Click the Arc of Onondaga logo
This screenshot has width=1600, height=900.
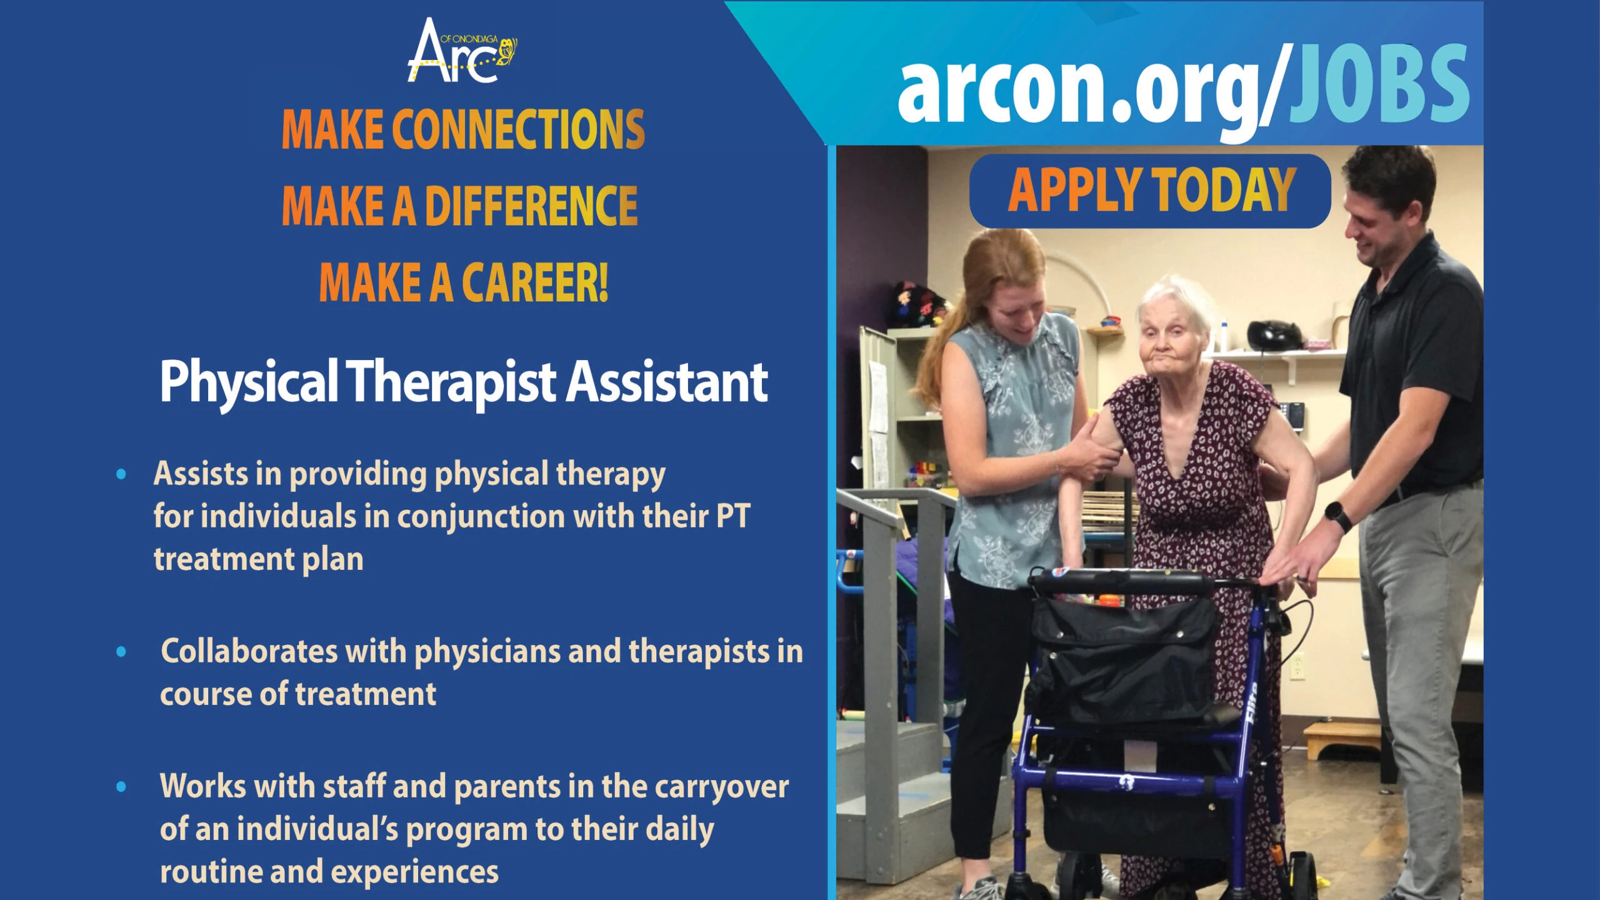click(462, 51)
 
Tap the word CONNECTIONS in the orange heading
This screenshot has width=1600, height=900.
click(518, 129)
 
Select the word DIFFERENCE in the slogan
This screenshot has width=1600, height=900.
click(531, 206)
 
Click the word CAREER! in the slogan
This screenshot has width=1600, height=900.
click(535, 282)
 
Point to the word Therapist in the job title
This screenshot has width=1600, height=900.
click(451, 382)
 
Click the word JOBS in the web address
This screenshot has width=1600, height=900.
click(1379, 84)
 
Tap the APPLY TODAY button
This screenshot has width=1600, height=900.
click(1151, 191)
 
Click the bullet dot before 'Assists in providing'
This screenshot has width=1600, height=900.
click(121, 474)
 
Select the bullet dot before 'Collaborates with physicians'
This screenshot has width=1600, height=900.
click(121, 652)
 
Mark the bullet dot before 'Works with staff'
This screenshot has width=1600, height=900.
click(121, 787)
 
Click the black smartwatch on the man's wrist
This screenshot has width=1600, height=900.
click(1337, 516)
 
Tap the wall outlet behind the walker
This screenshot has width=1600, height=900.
click(1297, 665)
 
